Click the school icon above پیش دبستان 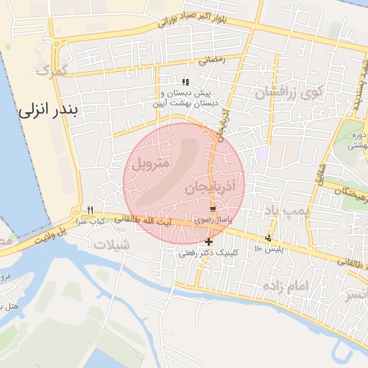click(186, 82)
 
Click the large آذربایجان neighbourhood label click(210, 188)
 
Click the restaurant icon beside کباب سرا click(90, 210)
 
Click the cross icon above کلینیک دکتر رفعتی click(208, 241)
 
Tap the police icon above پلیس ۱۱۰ click(269, 238)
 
